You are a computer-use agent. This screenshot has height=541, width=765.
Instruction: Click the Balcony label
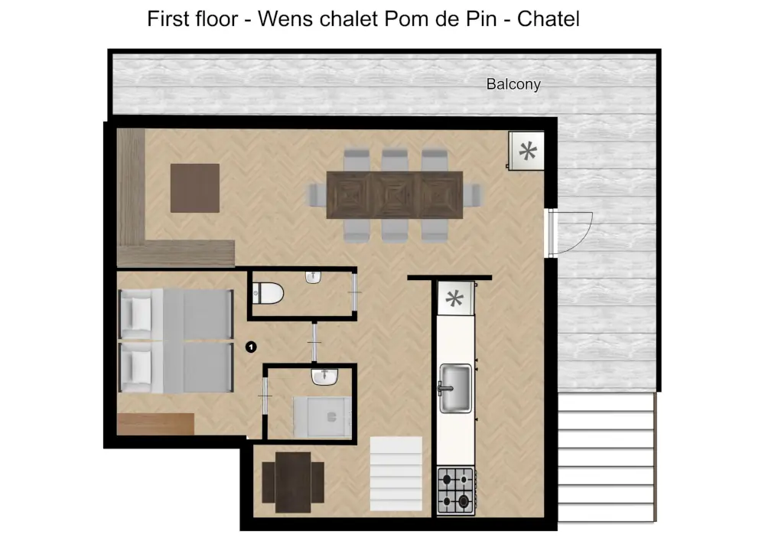click(x=513, y=84)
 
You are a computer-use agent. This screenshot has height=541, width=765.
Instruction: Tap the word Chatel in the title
click(x=549, y=18)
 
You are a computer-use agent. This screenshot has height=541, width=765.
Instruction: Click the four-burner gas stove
click(x=455, y=490)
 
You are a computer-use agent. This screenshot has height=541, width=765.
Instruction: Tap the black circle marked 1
click(x=250, y=347)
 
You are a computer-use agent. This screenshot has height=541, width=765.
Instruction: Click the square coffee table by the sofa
click(x=195, y=187)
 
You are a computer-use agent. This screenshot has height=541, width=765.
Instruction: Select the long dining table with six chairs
click(x=394, y=194)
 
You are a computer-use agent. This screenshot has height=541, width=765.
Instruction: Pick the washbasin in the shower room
click(x=325, y=376)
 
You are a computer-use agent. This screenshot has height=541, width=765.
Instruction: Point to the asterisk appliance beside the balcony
click(x=527, y=151)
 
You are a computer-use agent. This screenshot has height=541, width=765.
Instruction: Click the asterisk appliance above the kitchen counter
click(x=454, y=298)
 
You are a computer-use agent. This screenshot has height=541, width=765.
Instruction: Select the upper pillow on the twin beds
click(x=138, y=312)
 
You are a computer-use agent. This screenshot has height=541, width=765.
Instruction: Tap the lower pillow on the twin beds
click(x=138, y=366)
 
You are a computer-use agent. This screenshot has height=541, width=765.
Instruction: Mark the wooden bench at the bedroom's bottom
click(x=156, y=424)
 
